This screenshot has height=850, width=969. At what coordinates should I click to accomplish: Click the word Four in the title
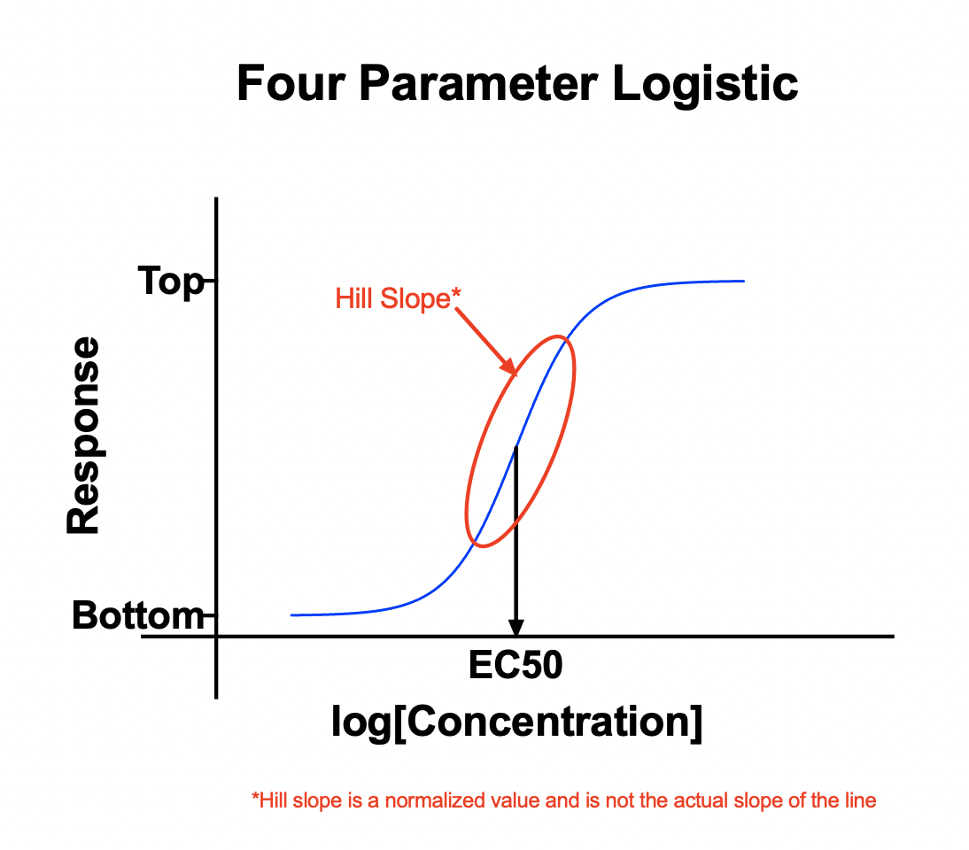(291, 83)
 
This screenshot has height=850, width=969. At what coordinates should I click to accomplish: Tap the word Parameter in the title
(478, 83)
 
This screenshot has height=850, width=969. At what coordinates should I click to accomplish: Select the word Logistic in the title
(705, 85)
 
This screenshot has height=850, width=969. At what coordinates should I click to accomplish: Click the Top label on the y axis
(171, 282)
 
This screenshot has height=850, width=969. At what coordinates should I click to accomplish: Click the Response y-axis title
(82, 435)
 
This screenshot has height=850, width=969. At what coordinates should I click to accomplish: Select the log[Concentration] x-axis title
(516, 722)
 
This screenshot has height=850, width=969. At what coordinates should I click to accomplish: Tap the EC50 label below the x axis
(516, 665)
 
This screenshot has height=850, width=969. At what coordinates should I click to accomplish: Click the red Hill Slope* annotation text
(398, 298)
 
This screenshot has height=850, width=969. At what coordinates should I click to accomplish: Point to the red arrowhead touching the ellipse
(509, 367)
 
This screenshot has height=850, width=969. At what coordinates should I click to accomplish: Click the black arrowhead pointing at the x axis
(516, 628)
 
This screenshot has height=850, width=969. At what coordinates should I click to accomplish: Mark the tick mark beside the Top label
(210, 281)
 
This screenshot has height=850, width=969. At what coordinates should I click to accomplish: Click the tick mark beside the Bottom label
(210, 615)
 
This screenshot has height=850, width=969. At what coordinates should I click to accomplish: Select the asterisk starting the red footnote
(255, 797)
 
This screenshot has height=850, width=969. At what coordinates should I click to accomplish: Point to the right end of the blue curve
(744, 281)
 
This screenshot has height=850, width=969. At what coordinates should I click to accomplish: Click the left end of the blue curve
(291, 615)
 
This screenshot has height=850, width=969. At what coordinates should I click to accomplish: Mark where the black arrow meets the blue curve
(516, 446)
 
